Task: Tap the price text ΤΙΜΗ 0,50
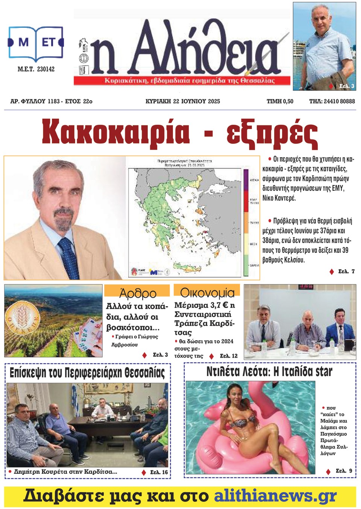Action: coord(280,101)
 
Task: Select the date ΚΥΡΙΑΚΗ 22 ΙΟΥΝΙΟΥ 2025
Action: coord(182,101)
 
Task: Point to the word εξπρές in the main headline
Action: coord(272,133)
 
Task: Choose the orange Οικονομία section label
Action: coord(207,292)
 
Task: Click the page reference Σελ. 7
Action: coord(346,271)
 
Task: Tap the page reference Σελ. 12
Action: coord(229,356)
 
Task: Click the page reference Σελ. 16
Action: coord(159,472)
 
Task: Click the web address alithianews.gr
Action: coord(275,496)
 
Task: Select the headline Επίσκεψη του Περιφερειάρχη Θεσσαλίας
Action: coord(87,373)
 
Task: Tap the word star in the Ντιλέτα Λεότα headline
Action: coord(324,372)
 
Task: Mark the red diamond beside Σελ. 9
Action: coord(328,471)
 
